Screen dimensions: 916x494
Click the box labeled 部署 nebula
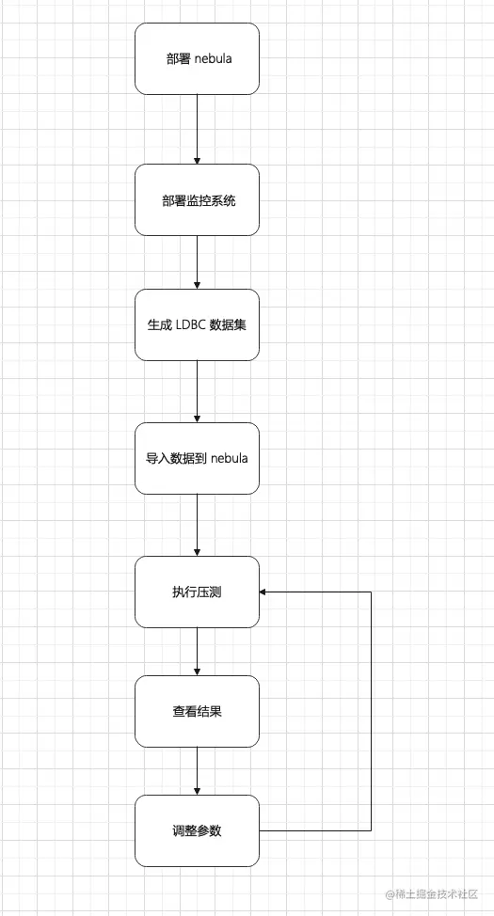[x=197, y=58]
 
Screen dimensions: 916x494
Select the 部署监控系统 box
[x=197, y=200]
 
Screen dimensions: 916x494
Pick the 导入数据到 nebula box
[x=197, y=458]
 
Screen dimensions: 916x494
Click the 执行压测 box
[x=197, y=592]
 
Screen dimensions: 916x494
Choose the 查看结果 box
[x=197, y=711]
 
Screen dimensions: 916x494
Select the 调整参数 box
[x=197, y=830]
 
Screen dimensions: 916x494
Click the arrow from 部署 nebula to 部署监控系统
[x=197, y=129]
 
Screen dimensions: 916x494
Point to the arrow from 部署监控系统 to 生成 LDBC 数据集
[x=197, y=262]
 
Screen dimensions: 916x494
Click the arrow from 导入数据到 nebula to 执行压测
[x=197, y=525]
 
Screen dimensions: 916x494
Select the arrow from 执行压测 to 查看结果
[x=197, y=651]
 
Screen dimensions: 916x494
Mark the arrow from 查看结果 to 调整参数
[x=197, y=771]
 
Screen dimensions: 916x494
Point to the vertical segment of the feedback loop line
[x=372, y=711]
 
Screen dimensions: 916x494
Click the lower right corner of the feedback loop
[x=372, y=830]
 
